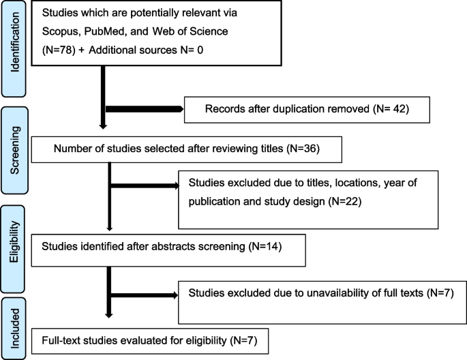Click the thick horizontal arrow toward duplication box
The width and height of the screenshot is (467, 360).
tap(143, 108)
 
